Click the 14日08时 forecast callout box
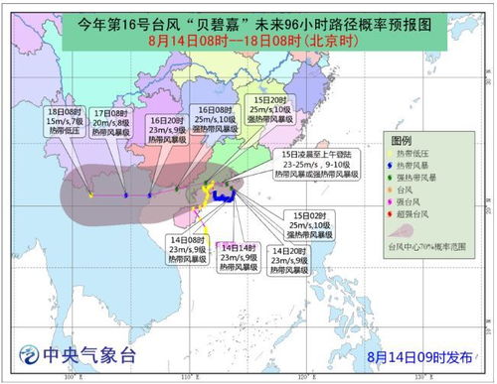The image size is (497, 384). (187, 249)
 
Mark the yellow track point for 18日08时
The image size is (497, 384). (89, 195)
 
